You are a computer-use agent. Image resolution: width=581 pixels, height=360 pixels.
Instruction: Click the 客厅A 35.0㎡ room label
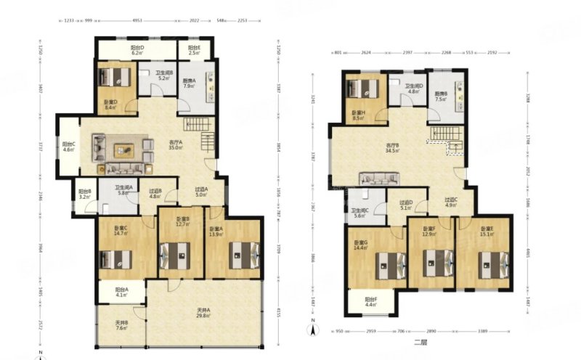click(175, 144)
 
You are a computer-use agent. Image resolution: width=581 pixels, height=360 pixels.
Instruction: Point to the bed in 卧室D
click(116, 77)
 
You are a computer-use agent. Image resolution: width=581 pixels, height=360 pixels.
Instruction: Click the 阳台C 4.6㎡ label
click(69, 146)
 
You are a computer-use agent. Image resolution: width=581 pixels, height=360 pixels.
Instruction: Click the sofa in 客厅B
click(379, 178)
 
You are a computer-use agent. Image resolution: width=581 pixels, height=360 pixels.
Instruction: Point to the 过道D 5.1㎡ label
click(406, 205)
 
